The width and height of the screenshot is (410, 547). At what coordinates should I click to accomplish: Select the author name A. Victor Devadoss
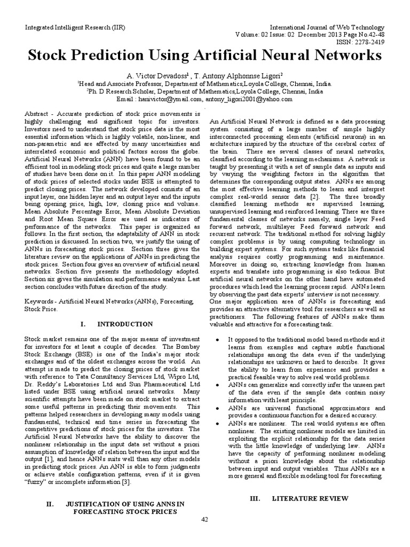click(152, 75)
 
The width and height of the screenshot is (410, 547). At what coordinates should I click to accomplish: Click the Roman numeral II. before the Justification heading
click(51, 503)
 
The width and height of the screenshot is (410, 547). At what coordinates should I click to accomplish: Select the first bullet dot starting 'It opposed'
click(219, 340)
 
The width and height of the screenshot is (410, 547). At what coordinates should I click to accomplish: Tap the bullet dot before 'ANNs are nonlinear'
click(219, 423)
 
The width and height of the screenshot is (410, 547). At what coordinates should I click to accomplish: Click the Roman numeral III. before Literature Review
click(255, 498)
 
